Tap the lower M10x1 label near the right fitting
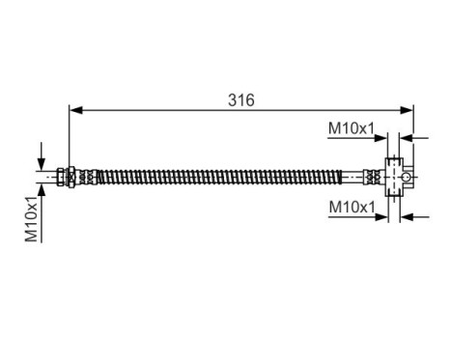pyautogui.click(x=352, y=207)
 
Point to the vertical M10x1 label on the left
pyautogui.click(x=31, y=217)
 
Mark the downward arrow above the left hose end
pyautogui.click(x=41, y=160)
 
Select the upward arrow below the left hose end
pyautogui.click(x=41, y=191)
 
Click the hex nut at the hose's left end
pyautogui.click(x=65, y=177)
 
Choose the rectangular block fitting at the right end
pyautogui.click(x=394, y=177)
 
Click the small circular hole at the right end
pyautogui.click(x=409, y=177)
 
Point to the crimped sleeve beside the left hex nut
pyautogui.click(x=87, y=177)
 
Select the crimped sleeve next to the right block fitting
pyautogui.click(x=372, y=177)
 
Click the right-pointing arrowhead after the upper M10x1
pyautogui.click(x=382, y=138)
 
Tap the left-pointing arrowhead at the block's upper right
pyautogui.click(x=406, y=138)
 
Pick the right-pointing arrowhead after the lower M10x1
pyautogui.click(x=382, y=216)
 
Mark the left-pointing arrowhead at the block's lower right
pyautogui.click(x=406, y=216)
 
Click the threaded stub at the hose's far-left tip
pyautogui.click(x=48, y=177)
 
